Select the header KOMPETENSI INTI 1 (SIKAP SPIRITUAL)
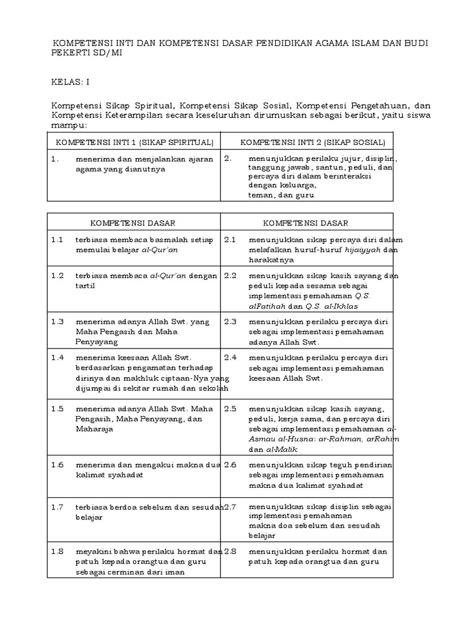pyautogui.click(x=134, y=142)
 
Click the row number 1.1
pyautogui.click(x=58, y=239)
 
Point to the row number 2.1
pyautogui.click(x=231, y=239)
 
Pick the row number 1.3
pyautogui.click(x=58, y=321)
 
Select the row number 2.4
pyautogui.click(x=231, y=357)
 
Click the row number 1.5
pyautogui.click(x=58, y=409)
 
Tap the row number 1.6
pyautogui.click(x=58, y=464)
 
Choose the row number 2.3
pyautogui.click(x=231, y=321)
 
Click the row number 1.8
pyautogui.click(x=58, y=551)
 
